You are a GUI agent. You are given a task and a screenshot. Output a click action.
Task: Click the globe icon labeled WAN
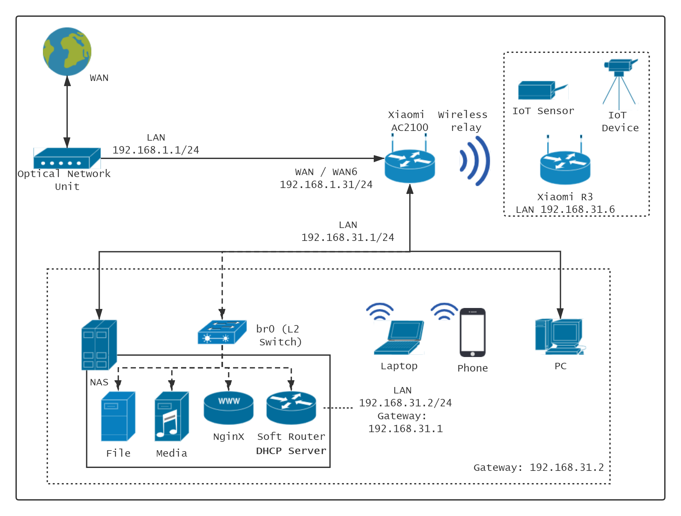click(67, 52)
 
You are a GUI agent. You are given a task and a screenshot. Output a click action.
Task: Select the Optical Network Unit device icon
click(67, 158)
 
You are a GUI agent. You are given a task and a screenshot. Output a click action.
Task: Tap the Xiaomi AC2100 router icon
click(410, 164)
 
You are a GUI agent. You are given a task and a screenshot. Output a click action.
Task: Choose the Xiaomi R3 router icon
click(565, 166)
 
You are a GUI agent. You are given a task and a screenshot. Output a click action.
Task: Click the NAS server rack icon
click(99, 344)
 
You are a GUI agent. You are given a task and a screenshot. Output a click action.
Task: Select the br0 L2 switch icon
click(222, 332)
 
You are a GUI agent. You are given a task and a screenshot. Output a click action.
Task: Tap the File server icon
click(118, 416)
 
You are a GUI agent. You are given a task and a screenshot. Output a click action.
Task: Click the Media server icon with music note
click(172, 416)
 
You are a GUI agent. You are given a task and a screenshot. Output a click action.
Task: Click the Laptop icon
click(399, 337)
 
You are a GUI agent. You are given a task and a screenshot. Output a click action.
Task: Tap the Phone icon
click(473, 332)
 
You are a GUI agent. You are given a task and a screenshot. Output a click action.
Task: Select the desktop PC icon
click(560, 337)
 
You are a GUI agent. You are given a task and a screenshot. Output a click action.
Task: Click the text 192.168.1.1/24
click(156, 150)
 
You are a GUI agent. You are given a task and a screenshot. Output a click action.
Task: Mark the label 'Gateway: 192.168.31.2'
click(538, 468)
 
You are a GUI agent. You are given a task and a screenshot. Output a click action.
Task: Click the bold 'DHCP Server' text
click(291, 451)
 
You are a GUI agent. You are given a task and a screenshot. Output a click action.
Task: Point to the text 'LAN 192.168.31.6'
click(565, 210)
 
